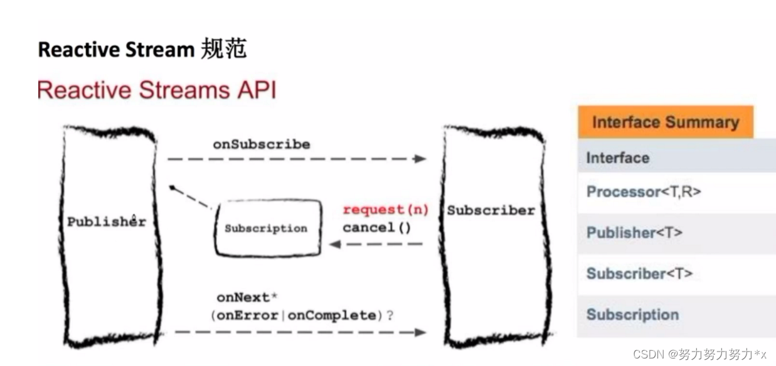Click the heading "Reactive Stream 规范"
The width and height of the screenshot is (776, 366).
click(x=142, y=49)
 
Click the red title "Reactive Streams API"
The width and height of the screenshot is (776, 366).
click(x=156, y=90)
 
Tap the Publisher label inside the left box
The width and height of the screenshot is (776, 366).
click(x=107, y=222)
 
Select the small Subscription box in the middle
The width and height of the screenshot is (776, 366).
click(x=266, y=228)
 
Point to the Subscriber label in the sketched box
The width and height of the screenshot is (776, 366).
click(x=491, y=210)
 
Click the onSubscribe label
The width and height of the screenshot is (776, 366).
click(x=261, y=144)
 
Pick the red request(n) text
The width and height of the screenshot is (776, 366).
click(x=385, y=210)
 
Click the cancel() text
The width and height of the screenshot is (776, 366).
click(x=376, y=227)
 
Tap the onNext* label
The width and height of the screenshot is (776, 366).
click(x=243, y=298)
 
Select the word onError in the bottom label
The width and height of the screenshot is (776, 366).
click(x=247, y=315)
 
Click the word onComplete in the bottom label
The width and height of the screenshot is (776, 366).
click(x=331, y=315)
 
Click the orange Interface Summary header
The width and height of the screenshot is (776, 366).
click(x=665, y=122)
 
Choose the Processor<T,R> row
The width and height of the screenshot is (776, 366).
click(x=644, y=192)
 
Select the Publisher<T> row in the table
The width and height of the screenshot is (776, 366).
click(x=634, y=233)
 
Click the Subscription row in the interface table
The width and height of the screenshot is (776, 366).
click(x=632, y=315)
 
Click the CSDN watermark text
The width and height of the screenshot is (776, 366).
click(x=699, y=354)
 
